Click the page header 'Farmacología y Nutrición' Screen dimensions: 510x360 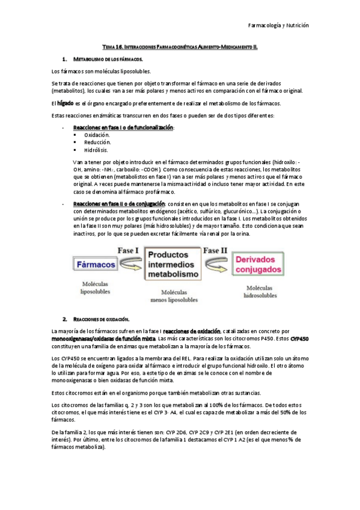pos(278,26)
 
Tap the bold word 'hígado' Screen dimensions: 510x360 pos(66,103)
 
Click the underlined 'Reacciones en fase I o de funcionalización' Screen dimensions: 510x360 pos(123,128)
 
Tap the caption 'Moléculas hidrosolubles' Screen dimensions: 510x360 pos(260,292)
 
